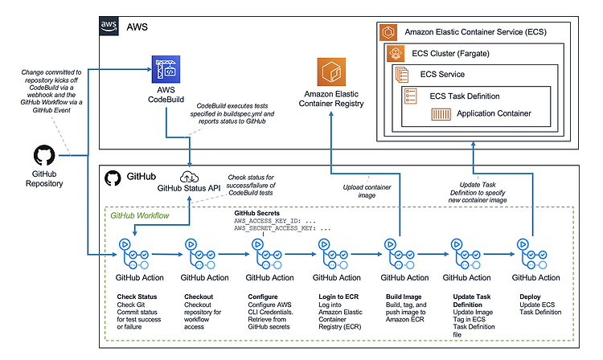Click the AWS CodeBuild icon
166,69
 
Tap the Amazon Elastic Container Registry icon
331,72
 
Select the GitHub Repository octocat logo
44,155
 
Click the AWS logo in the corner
109,27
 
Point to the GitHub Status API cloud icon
189,177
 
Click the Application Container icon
441,114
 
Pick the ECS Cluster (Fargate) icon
396,53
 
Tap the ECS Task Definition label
465,96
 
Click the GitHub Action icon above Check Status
133,254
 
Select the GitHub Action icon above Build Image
400,254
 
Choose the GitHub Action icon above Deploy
532,254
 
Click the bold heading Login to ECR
338,297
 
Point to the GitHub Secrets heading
257,213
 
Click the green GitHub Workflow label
140,215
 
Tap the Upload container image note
367,191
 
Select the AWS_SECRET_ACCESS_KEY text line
282,228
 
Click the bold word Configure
263,297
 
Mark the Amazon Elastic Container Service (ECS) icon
388,32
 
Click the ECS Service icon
402,75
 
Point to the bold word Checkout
199,297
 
